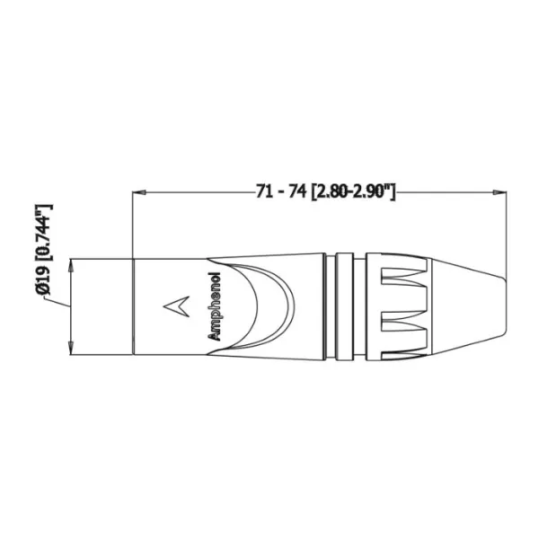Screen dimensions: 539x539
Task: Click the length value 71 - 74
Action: pos(281,191)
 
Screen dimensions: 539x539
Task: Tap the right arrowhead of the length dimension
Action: pos(497,191)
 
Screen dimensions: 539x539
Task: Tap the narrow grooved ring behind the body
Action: pos(344,305)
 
